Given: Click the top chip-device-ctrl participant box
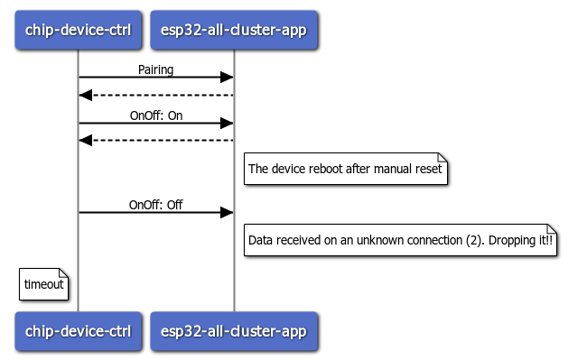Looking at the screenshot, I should tap(78, 30).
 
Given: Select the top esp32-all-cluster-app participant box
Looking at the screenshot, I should tap(235, 30).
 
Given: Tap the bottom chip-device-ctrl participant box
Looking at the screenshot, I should tap(78, 331).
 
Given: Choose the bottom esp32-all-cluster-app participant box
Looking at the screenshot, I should tap(235, 331).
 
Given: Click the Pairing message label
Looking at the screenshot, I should tap(156, 69).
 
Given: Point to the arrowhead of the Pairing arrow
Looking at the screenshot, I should tap(228, 78).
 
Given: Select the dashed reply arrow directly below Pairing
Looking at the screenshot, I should tap(156, 95).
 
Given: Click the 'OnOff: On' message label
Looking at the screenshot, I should tap(156, 114).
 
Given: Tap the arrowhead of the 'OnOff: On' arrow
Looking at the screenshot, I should tap(228, 123).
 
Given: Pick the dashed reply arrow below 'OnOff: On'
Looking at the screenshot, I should tap(156, 140).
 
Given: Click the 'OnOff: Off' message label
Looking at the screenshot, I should tap(156, 205).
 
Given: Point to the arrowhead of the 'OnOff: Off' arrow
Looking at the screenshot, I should tap(228, 213).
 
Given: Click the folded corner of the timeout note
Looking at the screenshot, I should tap(64, 272).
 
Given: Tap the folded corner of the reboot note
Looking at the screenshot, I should tap(442, 157).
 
